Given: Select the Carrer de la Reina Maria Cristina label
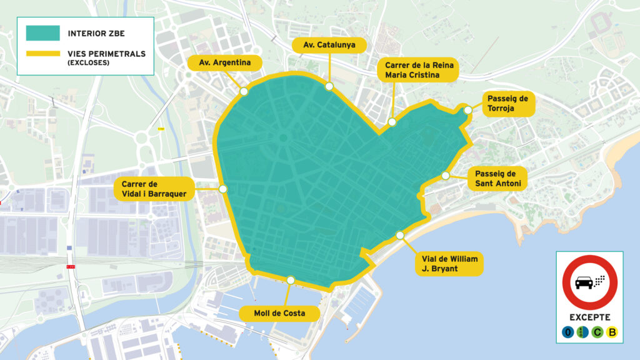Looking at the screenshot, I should pyautogui.click(x=418, y=70).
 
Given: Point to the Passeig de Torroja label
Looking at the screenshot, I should pyautogui.click(x=507, y=104).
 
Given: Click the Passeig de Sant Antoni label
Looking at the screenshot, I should pyautogui.click(x=497, y=178).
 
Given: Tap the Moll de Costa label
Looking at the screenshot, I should pyautogui.click(x=279, y=312).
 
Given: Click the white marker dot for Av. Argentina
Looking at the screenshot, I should pyautogui.click(x=244, y=92).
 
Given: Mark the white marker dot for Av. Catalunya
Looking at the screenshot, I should pyautogui.click(x=329, y=86).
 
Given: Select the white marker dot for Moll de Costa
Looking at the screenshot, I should pyautogui.click(x=290, y=281).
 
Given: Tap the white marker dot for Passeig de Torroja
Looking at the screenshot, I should pyautogui.click(x=467, y=110).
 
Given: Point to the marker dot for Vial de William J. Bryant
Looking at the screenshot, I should pyautogui.click(x=400, y=236).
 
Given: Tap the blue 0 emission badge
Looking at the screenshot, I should pyautogui.click(x=567, y=332).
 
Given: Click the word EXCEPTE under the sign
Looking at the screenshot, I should pyautogui.click(x=589, y=317).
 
